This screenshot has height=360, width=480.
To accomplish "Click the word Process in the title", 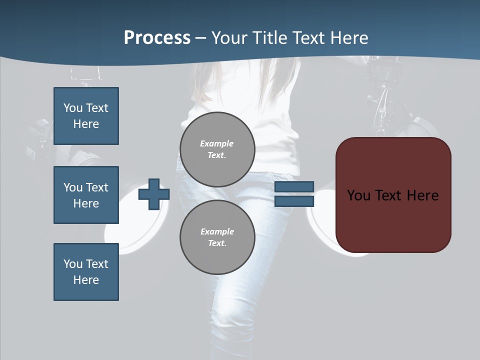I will click(x=157, y=38).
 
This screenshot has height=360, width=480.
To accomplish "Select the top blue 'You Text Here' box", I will click(x=86, y=116).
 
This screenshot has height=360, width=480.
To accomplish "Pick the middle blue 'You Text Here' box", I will click(x=86, y=195).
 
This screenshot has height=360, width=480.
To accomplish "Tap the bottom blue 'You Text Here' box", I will click(x=86, y=272).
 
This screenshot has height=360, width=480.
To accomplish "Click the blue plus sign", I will click(x=153, y=194).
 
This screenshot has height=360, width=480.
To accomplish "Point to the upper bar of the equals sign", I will click(x=294, y=187).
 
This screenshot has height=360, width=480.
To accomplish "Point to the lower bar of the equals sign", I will click(x=294, y=201).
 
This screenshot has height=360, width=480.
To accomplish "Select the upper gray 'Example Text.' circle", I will click(x=217, y=149).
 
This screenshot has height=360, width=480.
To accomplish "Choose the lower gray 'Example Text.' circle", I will click(x=217, y=237).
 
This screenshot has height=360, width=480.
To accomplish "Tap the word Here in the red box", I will click(x=423, y=195).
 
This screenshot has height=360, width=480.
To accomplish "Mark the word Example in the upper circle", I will click(x=217, y=143).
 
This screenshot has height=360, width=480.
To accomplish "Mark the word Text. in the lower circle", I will click(x=217, y=243).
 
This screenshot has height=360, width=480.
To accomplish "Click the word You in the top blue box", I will click(x=73, y=108).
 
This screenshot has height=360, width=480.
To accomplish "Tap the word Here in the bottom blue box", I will click(x=86, y=280).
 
